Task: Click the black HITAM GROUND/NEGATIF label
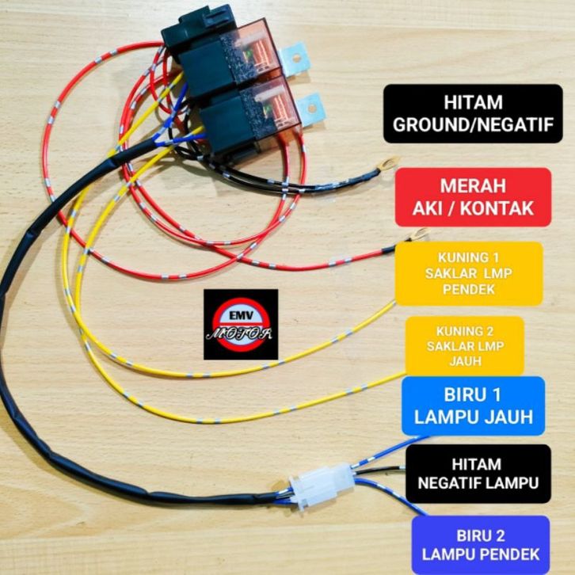point(473,114)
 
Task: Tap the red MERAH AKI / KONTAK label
point(473,197)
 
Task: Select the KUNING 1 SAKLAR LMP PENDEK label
point(469,273)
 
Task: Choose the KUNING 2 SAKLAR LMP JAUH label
point(465,346)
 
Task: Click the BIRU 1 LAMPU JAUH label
point(473,406)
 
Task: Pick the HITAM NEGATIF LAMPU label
point(478,474)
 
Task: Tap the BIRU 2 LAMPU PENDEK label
point(481,545)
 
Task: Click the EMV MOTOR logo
point(241,324)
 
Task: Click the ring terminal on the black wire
point(388,164)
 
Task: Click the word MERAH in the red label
point(473,186)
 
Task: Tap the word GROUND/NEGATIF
point(473,124)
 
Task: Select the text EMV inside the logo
point(241,315)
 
